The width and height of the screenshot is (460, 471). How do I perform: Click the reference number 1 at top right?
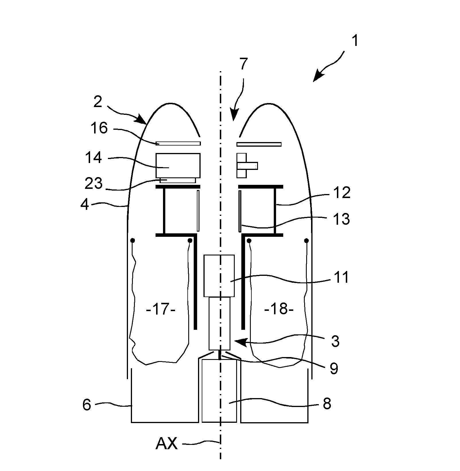pos(355,41)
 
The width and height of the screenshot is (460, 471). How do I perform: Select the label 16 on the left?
pos(99,128)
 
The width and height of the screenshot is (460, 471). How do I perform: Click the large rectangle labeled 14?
pos(178,165)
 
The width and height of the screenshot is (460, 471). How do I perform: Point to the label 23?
pos(94,183)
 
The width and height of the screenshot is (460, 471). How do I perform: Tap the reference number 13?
pos(341,219)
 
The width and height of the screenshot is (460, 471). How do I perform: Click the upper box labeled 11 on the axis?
pos(219,276)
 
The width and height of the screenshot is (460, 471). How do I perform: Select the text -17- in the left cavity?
pos(160,310)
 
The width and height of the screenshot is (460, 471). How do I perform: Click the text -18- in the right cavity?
pos(279,310)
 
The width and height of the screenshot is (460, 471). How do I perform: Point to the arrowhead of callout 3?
pos(238,341)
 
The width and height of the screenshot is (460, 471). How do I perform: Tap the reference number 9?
pos(334,369)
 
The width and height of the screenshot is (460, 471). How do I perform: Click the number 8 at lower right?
pos(327,404)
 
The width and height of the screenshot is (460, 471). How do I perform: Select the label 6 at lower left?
pos(87,405)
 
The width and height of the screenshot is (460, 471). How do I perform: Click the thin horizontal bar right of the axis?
pos(259,144)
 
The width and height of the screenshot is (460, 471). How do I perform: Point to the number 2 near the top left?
pos(98,102)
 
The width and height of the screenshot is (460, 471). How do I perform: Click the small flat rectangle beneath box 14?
pos(178,180)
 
